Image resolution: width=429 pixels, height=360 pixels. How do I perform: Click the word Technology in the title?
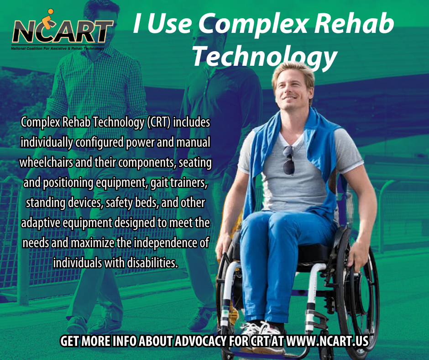[x=264, y=56]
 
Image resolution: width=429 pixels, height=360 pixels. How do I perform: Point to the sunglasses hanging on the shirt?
[x=288, y=160]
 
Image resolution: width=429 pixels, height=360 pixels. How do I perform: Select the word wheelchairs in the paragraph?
[x=47, y=163]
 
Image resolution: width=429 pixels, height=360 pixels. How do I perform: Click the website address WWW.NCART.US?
[x=327, y=341]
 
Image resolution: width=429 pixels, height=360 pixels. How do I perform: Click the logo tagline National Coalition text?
[x=58, y=48]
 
